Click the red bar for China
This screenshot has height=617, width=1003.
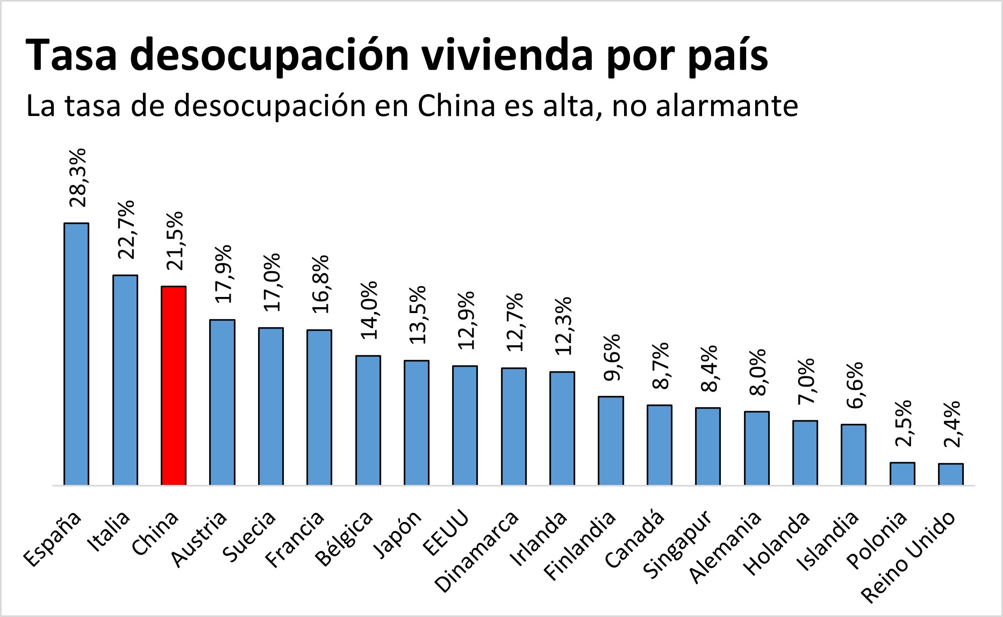click(x=174, y=386)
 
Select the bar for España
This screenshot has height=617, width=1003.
click(x=76, y=354)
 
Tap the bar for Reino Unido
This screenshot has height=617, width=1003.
click(x=951, y=474)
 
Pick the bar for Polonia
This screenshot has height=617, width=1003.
click(x=902, y=474)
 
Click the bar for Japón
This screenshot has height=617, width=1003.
click(x=417, y=423)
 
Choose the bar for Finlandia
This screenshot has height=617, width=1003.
click(x=611, y=441)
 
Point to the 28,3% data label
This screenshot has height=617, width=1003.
click(x=78, y=178)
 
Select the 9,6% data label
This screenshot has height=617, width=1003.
click(x=612, y=358)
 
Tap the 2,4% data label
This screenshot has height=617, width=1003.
click(x=951, y=424)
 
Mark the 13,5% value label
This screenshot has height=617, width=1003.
click(x=417, y=315)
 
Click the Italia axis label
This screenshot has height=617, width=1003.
click(x=109, y=532)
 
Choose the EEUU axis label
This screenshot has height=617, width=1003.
click(x=446, y=534)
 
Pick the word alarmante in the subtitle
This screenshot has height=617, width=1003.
click(x=726, y=106)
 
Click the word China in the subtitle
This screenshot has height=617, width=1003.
click(x=456, y=106)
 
